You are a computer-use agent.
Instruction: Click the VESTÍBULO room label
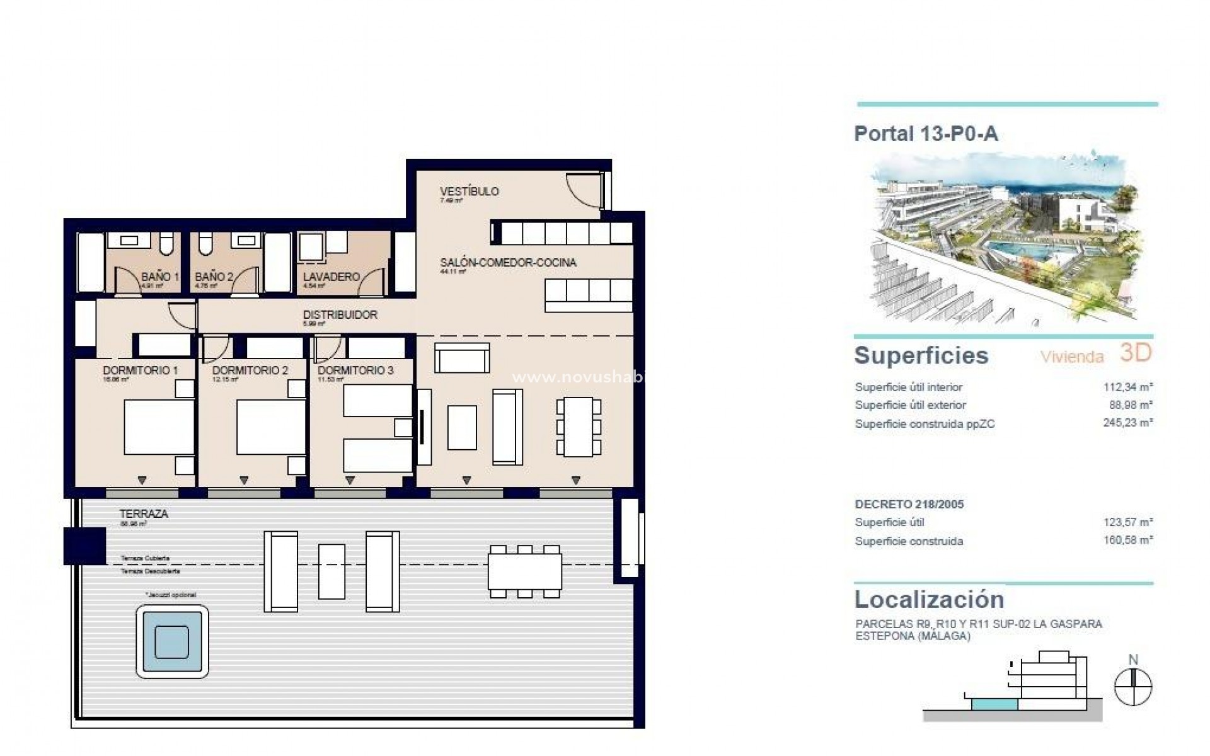(x=469, y=192)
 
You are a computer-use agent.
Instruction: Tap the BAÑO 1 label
(x=160, y=277)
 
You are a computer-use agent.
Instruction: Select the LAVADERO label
(x=331, y=277)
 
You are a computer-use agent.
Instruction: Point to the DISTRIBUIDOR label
(x=340, y=314)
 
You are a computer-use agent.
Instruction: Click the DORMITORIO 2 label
(x=250, y=370)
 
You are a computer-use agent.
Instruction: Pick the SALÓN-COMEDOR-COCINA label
(x=508, y=263)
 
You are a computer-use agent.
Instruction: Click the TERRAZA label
(x=144, y=513)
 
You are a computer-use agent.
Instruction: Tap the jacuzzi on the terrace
(x=171, y=641)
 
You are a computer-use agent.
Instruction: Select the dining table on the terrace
(x=524, y=571)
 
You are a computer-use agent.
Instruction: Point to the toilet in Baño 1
(x=166, y=243)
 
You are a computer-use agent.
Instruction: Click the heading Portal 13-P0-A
(x=926, y=134)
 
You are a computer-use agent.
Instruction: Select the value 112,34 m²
(x=1128, y=387)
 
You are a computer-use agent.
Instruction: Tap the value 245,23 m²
(x=1128, y=423)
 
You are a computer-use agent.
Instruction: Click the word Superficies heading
(x=921, y=355)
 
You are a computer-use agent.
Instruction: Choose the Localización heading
(x=929, y=598)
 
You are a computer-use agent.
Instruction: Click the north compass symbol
(x=1133, y=685)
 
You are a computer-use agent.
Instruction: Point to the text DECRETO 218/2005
(x=909, y=504)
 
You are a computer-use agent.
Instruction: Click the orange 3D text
(x=1136, y=353)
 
